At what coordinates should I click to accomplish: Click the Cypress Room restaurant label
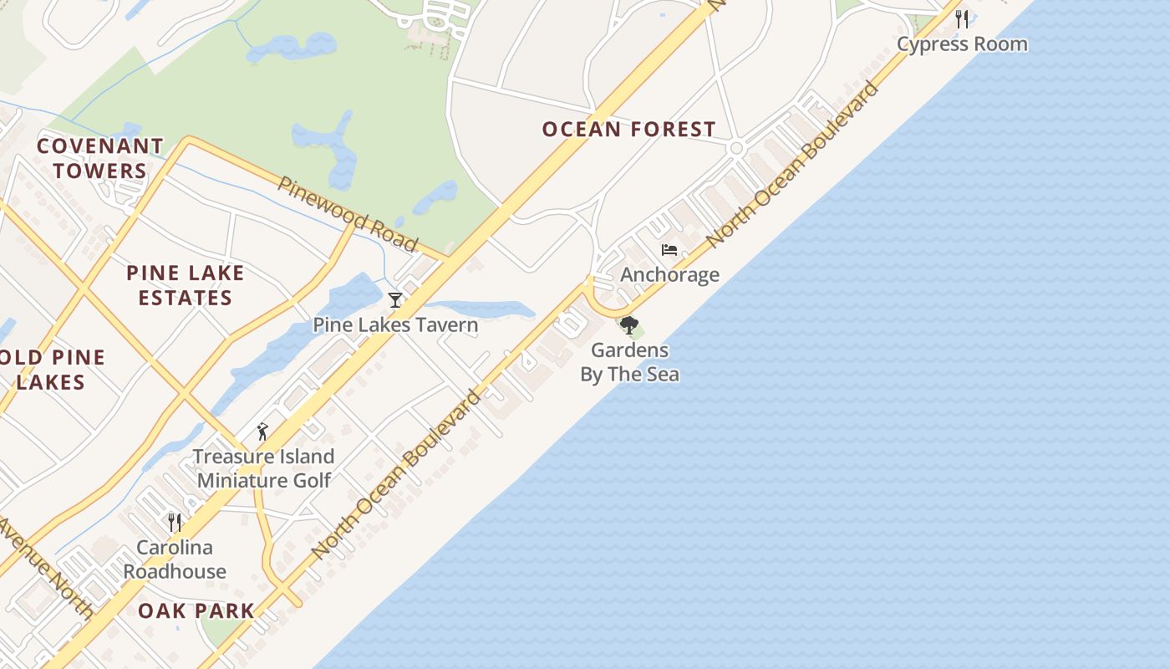pos(962,44)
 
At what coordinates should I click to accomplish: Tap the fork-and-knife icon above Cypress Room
pos(962,18)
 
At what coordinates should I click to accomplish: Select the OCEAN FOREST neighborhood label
pos(628,130)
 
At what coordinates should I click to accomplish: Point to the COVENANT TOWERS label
pos(100,159)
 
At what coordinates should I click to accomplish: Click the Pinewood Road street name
pos(348,214)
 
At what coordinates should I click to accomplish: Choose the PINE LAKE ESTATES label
pos(186,285)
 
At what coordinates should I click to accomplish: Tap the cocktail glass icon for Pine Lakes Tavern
pos(395,299)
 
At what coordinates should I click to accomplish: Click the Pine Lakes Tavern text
pos(395,325)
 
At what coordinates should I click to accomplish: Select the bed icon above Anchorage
pos(669,250)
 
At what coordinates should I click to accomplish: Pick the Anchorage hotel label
pos(669,275)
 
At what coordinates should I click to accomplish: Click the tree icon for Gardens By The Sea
pos(629,325)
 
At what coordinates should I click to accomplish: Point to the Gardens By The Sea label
pos(629,362)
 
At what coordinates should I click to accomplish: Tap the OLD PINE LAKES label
pos(52,370)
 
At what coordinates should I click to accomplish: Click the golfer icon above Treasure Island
pos(263,432)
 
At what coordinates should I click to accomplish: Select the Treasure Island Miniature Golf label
pos(264,468)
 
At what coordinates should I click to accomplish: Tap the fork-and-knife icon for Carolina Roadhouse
pos(175,523)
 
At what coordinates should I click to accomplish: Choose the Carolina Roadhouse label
pos(175,559)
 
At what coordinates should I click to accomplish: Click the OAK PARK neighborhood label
pos(196,610)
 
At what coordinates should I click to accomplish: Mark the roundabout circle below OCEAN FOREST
pos(736,148)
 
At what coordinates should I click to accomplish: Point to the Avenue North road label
pos(46,569)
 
